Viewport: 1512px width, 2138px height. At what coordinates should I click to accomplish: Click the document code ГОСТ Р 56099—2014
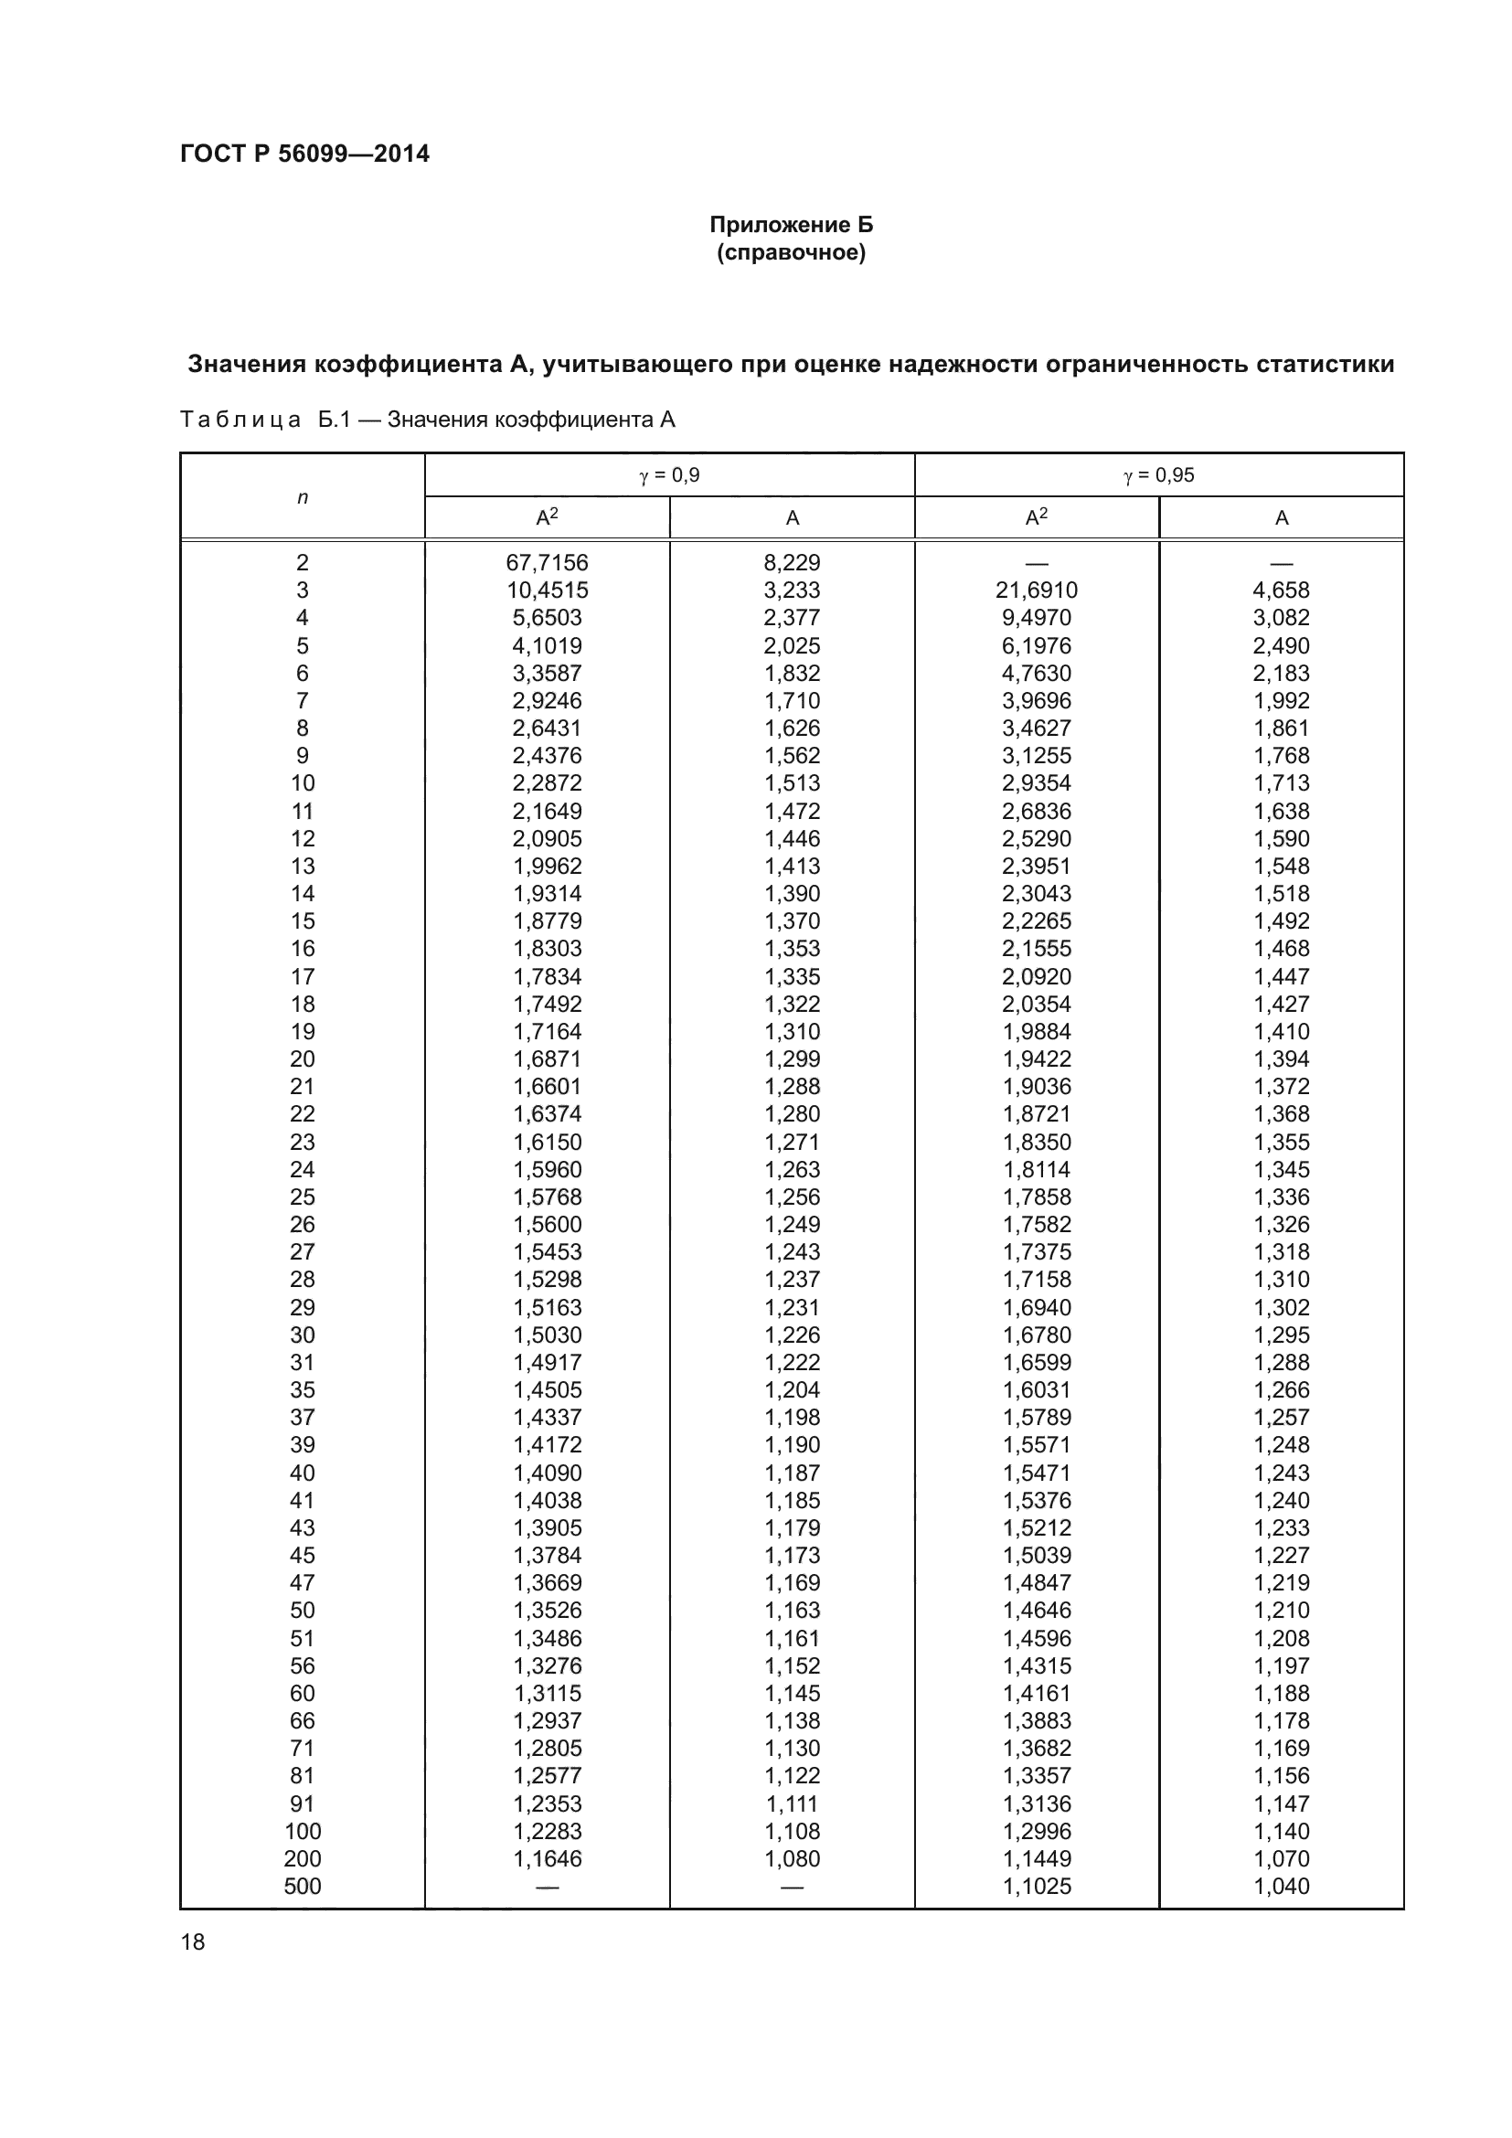click(304, 154)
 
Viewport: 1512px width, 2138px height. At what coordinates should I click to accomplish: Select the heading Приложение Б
click(791, 225)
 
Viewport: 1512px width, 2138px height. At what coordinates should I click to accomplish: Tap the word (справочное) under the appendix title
click(791, 253)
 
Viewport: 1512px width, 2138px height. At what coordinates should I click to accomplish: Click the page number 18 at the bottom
click(193, 1941)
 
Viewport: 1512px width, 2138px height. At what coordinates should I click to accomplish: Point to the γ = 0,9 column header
click(669, 475)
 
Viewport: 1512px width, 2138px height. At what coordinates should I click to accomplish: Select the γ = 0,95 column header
click(1158, 475)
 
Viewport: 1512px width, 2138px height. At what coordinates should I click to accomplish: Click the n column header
click(302, 497)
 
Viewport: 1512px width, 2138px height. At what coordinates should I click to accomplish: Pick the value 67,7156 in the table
click(548, 562)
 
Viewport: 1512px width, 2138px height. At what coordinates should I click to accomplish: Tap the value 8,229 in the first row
click(793, 562)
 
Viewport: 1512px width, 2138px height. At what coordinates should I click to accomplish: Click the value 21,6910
click(1037, 590)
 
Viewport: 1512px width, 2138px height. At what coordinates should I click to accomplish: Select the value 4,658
click(1281, 590)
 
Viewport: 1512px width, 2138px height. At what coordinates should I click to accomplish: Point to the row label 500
click(302, 1887)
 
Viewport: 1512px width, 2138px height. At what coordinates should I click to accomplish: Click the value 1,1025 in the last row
click(1037, 1887)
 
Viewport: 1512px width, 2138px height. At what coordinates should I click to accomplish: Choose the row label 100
click(302, 1832)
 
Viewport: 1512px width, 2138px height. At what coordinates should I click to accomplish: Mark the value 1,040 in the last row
click(1281, 1887)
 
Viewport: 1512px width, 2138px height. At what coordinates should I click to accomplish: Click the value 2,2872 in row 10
click(548, 783)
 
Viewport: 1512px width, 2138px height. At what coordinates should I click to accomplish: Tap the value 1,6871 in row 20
click(548, 1058)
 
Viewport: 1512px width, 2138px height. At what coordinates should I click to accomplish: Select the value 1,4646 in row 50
click(1037, 1611)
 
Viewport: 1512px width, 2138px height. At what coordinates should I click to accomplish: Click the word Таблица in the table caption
click(240, 420)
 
